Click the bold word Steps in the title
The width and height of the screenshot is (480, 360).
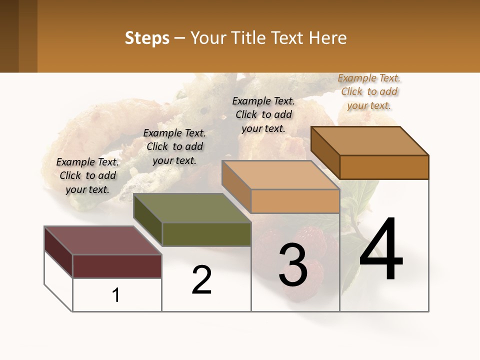147,38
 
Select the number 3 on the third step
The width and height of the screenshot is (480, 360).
293,265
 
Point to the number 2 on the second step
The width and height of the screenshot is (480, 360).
202,279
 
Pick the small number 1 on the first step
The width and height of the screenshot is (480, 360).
116,295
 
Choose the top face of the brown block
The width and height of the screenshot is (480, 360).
370,141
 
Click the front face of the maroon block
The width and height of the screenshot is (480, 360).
117,266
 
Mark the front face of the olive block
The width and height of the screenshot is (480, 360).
206,234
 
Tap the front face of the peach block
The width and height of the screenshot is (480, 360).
295,201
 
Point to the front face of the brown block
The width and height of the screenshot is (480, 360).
384,167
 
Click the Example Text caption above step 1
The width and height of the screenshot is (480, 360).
87,175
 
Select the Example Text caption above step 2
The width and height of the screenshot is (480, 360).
174,146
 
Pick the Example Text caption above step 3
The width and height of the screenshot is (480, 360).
263,114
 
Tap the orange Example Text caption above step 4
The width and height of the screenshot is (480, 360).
369,91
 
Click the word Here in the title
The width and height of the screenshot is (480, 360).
327,38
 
